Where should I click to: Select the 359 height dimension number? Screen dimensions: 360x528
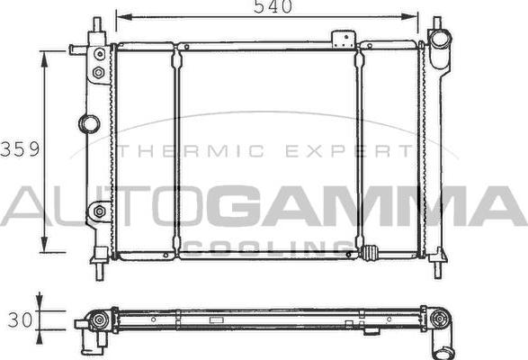20,149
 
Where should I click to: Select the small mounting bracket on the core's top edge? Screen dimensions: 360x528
343,40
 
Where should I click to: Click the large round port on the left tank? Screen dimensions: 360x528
88,123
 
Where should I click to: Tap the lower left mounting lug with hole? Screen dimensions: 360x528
97,212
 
